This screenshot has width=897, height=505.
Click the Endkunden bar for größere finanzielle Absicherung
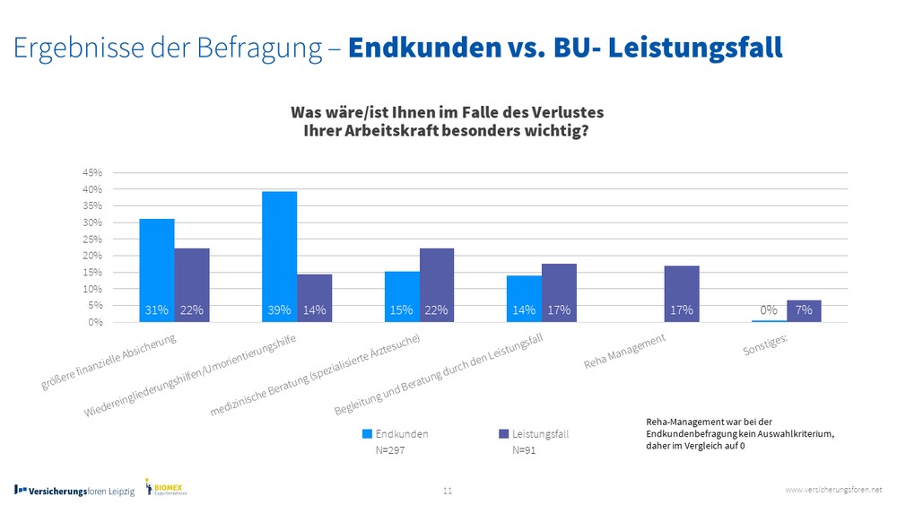[157, 270]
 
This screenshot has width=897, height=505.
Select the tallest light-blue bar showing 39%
[279, 257]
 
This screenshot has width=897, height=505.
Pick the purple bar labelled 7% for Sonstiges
[804, 310]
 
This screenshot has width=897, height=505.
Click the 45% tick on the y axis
[93, 172]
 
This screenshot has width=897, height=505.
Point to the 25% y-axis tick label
[93, 239]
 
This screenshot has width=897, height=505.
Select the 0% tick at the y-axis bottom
[95, 322]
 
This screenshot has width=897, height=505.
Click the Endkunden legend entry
[395, 434]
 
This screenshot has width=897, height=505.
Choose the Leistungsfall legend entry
[533, 434]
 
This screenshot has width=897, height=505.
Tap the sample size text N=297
[390, 450]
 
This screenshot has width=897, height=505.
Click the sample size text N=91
[524, 450]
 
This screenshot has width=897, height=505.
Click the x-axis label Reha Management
[625, 353]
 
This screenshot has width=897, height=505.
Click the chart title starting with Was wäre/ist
[447, 121]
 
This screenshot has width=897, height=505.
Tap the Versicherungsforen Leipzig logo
[74, 491]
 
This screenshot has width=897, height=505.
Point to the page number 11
[448, 491]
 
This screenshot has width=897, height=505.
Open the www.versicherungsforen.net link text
[833, 489]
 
